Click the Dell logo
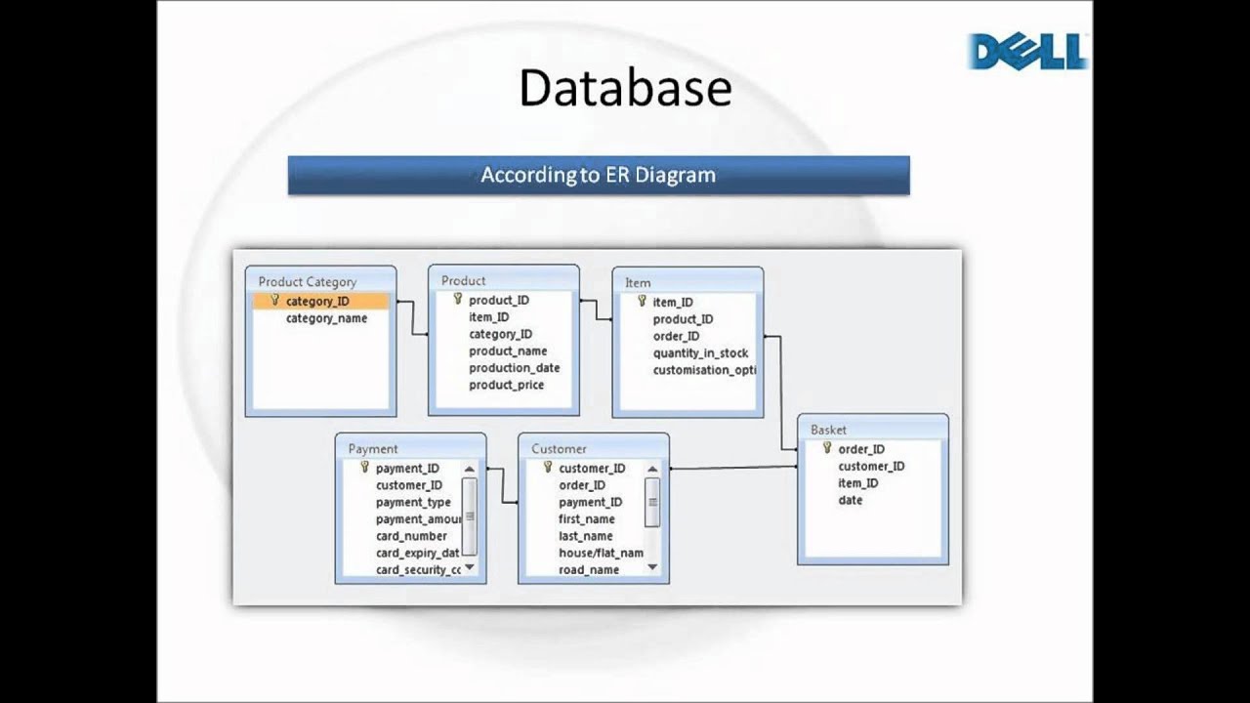pyautogui.click(x=1027, y=51)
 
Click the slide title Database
pyautogui.click(x=625, y=88)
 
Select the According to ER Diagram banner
pyautogui.click(x=598, y=176)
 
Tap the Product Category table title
pyautogui.click(x=307, y=282)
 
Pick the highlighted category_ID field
pyautogui.click(x=317, y=302)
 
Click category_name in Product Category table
pyautogui.click(x=326, y=318)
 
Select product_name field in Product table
pyautogui.click(x=508, y=351)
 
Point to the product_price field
pyautogui.click(x=506, y=385)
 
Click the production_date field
pyautogui.click(x=514, y=368)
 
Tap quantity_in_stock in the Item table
pyautogui.click(x=700, y=353)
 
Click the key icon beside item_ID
pyautogui.click(x=642, y=301)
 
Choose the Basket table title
pyautogui.click(x=828, y=430)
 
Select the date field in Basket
pyautogui.click(x=850, y=500)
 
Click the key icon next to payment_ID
pyautogui.click(x=364, y=468)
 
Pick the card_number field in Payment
pyautogui.click(x=411, y=536)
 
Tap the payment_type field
pyautogui.click(x=413, y=502)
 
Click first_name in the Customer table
pyautogui.click(x=586, y=519)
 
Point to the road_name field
pyautogui.click(x=589, y=570)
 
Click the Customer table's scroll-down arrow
pyautogui.click(x=652, y=567)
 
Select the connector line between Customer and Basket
pyautogui.click(x=732, y=468)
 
